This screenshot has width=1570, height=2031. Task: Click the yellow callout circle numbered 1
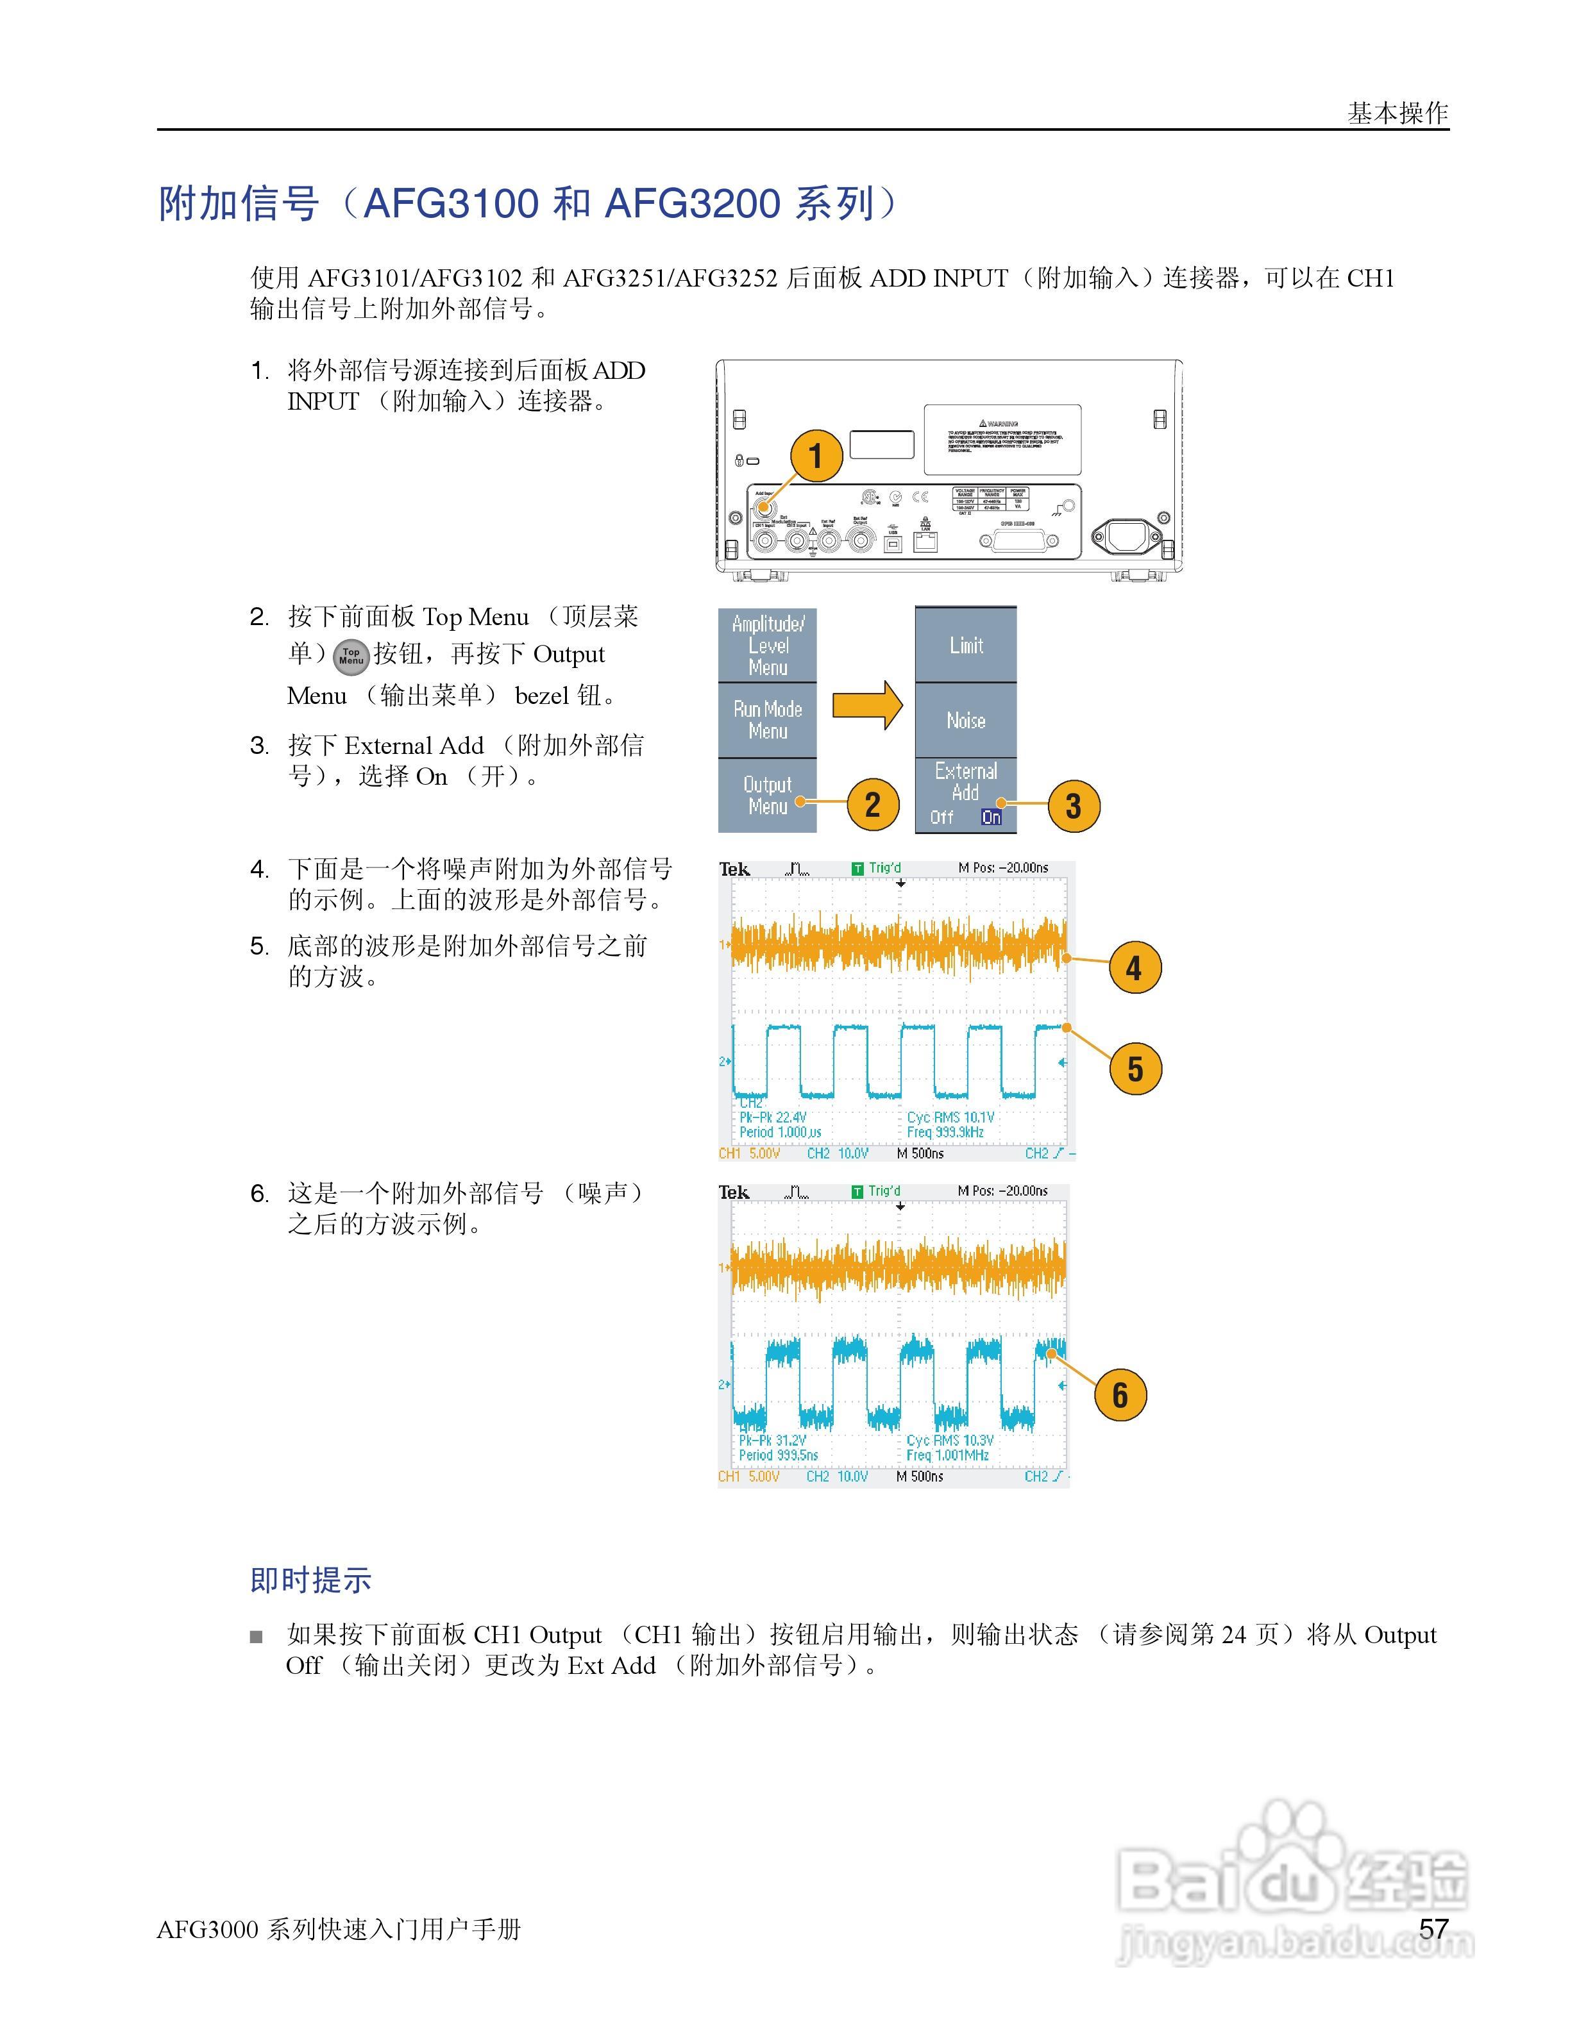(816, 456)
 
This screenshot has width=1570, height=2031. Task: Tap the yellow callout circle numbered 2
(872, 805)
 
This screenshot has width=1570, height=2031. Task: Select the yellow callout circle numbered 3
(1074, 807)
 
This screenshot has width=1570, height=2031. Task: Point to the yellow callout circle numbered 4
(1135, 968)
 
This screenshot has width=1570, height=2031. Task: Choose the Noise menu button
(965, 721)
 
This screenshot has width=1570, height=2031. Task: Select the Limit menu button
(965, 646)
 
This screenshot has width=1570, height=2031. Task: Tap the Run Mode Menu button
(767, 721)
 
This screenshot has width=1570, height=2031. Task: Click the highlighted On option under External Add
(992, 817)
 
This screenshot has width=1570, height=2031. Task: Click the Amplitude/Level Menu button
(767, 646)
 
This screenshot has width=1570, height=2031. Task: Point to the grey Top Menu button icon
(351, 656)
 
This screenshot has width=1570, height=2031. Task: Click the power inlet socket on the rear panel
(1128, 537)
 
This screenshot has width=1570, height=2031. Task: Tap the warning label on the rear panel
(1002, 440)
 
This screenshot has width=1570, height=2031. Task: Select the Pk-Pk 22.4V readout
(773, 1117)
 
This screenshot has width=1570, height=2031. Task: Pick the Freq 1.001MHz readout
(948, 1455)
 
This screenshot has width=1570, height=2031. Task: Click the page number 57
(1433, 1928)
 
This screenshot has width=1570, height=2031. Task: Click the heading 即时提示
(310, 1580)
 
